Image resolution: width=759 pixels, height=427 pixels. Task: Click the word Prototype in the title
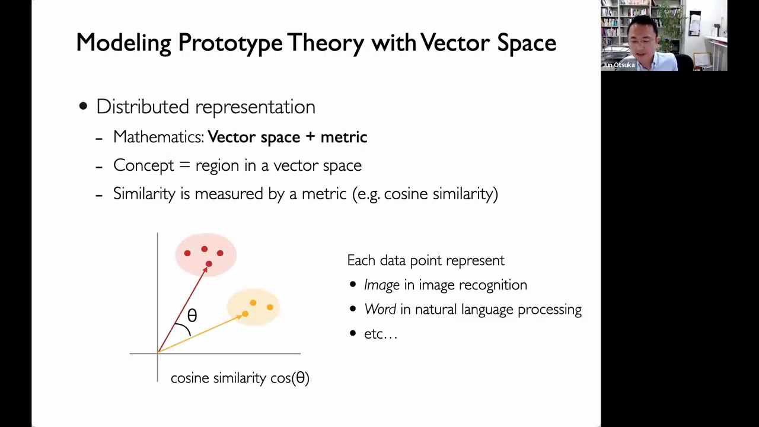point(230,43)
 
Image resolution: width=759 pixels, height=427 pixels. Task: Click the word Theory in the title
point(326,43)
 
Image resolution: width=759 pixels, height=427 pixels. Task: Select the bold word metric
point(344,137)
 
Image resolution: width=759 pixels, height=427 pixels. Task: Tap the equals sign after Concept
point(184,165)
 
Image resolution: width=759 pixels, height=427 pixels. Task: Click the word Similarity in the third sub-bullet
point(144,194)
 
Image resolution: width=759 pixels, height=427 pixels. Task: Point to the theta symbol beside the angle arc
point(192,316)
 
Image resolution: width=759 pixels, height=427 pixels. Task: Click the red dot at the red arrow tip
point(209,264)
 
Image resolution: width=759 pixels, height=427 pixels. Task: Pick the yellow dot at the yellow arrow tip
point(245,314)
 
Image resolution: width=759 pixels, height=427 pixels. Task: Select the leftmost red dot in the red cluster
point(187,253)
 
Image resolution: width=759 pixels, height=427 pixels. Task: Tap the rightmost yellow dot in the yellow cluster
point(270,307)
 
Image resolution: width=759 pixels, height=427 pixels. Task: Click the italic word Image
point(382,285)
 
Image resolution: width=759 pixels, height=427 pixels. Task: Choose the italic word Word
point(380,309)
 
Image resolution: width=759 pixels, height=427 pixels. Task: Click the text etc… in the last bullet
point(381,334)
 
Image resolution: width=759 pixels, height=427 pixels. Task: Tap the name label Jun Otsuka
point(618,65)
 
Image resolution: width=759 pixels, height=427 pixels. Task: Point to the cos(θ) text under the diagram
point(290,378)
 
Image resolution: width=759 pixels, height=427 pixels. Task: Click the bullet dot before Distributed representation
point(83,106)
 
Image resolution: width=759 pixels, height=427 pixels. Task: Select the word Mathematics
point(158,137)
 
